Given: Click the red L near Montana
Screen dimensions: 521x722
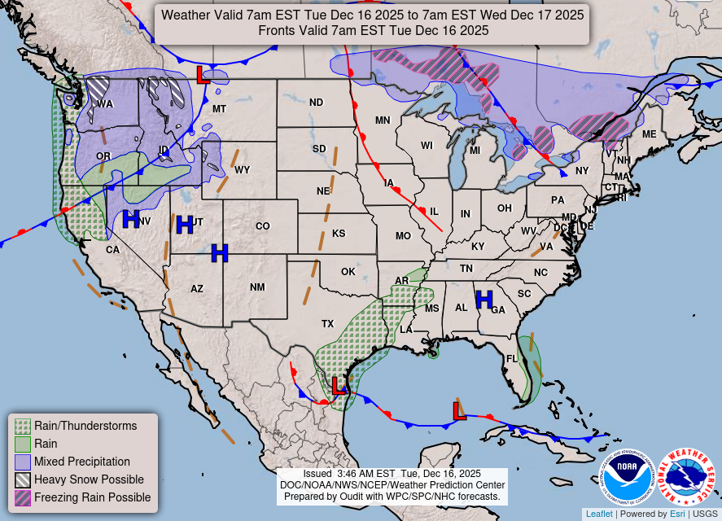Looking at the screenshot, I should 203,76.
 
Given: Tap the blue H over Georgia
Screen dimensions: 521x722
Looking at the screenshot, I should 484,300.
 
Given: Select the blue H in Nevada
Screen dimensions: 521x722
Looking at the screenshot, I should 130,219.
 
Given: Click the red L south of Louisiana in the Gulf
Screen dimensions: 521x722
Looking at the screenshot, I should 459,410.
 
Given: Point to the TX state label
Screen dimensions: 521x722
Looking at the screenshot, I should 327,324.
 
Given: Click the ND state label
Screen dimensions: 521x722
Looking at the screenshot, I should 316,103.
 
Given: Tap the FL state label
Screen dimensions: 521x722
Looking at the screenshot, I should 512,358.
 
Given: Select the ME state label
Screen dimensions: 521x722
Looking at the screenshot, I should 649,134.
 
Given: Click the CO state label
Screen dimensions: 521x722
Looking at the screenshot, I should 262,226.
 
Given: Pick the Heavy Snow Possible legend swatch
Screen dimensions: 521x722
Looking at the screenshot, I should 23,479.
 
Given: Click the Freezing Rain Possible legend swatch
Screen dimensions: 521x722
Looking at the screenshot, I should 23,497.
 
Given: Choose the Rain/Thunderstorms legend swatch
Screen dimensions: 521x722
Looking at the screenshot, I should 23,426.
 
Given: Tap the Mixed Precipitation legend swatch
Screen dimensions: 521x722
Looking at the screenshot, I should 23,462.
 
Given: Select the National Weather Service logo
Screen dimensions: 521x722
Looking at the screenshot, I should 686,476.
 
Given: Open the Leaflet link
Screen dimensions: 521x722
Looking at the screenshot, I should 599,514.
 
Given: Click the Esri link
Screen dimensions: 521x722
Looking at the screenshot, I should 677,514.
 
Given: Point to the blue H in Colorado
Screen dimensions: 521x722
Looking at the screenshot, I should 219,253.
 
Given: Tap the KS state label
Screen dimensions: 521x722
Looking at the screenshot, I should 339,234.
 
